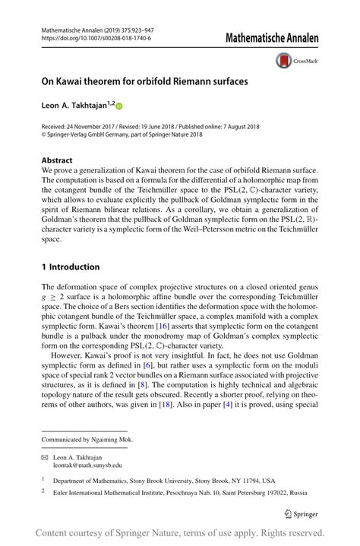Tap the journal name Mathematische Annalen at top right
[x=271, y=36]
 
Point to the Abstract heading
[x=57, y=160]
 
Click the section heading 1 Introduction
[x=71, y=267]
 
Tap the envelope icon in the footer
[x=45, y=456]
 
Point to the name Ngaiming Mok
[x=110, y=440]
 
